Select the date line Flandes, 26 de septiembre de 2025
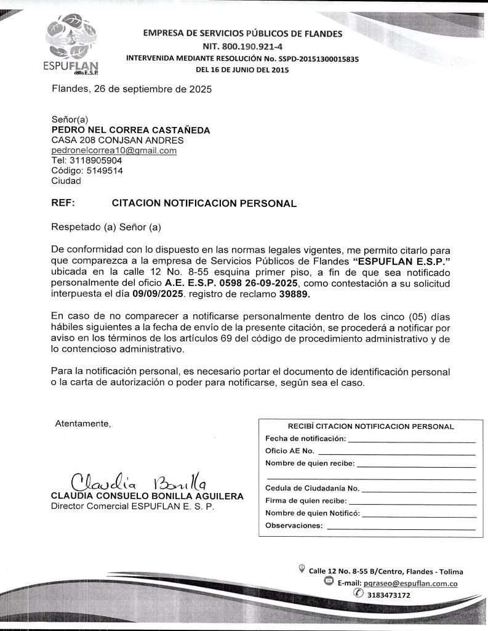pyautogui.click(x=132, y=89)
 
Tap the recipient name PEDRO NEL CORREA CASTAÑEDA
pyautogui.click(x=130, y=130)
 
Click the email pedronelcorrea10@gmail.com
pyautogui.click(x=114, y=150)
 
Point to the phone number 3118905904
pyautogui.click(x=95, y=160)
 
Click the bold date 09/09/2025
pyautogui.click(x=158, y=294)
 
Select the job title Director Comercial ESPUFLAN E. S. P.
pyautogui.click(x=132, y=507)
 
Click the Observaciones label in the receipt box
pyautogui.click(x=294, y=526)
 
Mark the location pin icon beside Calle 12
pyautogui.click(x=302, y=569)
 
